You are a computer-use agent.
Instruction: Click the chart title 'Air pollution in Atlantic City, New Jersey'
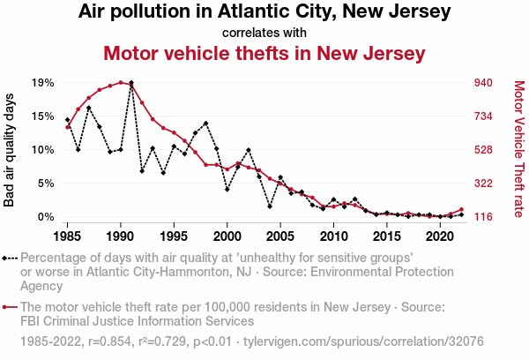tap(264, 12)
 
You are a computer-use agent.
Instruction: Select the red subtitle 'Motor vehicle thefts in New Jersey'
tap(264, 53)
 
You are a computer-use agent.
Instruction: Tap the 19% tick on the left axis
tap(43, 83)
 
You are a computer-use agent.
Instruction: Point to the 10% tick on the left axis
tap(43, 150)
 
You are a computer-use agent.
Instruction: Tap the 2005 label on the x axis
tap(280, 236)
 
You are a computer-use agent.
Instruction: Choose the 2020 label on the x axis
tap(440, 236)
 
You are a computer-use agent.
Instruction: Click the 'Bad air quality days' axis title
tap(10, 150)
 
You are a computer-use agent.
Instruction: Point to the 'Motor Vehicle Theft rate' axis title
tap(518, 150)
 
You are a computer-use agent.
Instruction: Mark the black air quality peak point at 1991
tap(131, 83)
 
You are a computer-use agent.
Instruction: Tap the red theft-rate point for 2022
tap(461, 209)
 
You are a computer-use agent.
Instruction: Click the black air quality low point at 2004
tap(270, 206)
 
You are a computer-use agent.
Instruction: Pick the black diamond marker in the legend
tap(6, 258)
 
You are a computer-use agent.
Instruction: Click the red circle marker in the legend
tap(6, 307)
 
